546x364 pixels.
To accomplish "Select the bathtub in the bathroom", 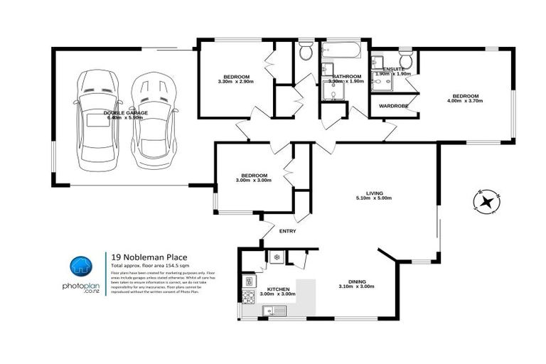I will pyautogui.click(x=342, y=51).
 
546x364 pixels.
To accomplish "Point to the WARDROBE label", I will pyautogui.click(x=393, y=106).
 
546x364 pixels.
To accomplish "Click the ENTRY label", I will pyautogui.click(x=288, y=230).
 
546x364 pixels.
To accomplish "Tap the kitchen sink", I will pyautogui.click(x=272, y=310).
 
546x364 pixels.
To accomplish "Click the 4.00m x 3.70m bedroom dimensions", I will pyautogui.click(x=466, y=102).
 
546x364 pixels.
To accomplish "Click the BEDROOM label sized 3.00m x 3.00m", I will pyautogui.click(x=254, y=175).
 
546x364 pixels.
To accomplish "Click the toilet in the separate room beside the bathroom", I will pyautogui.click(x=306, y=50).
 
